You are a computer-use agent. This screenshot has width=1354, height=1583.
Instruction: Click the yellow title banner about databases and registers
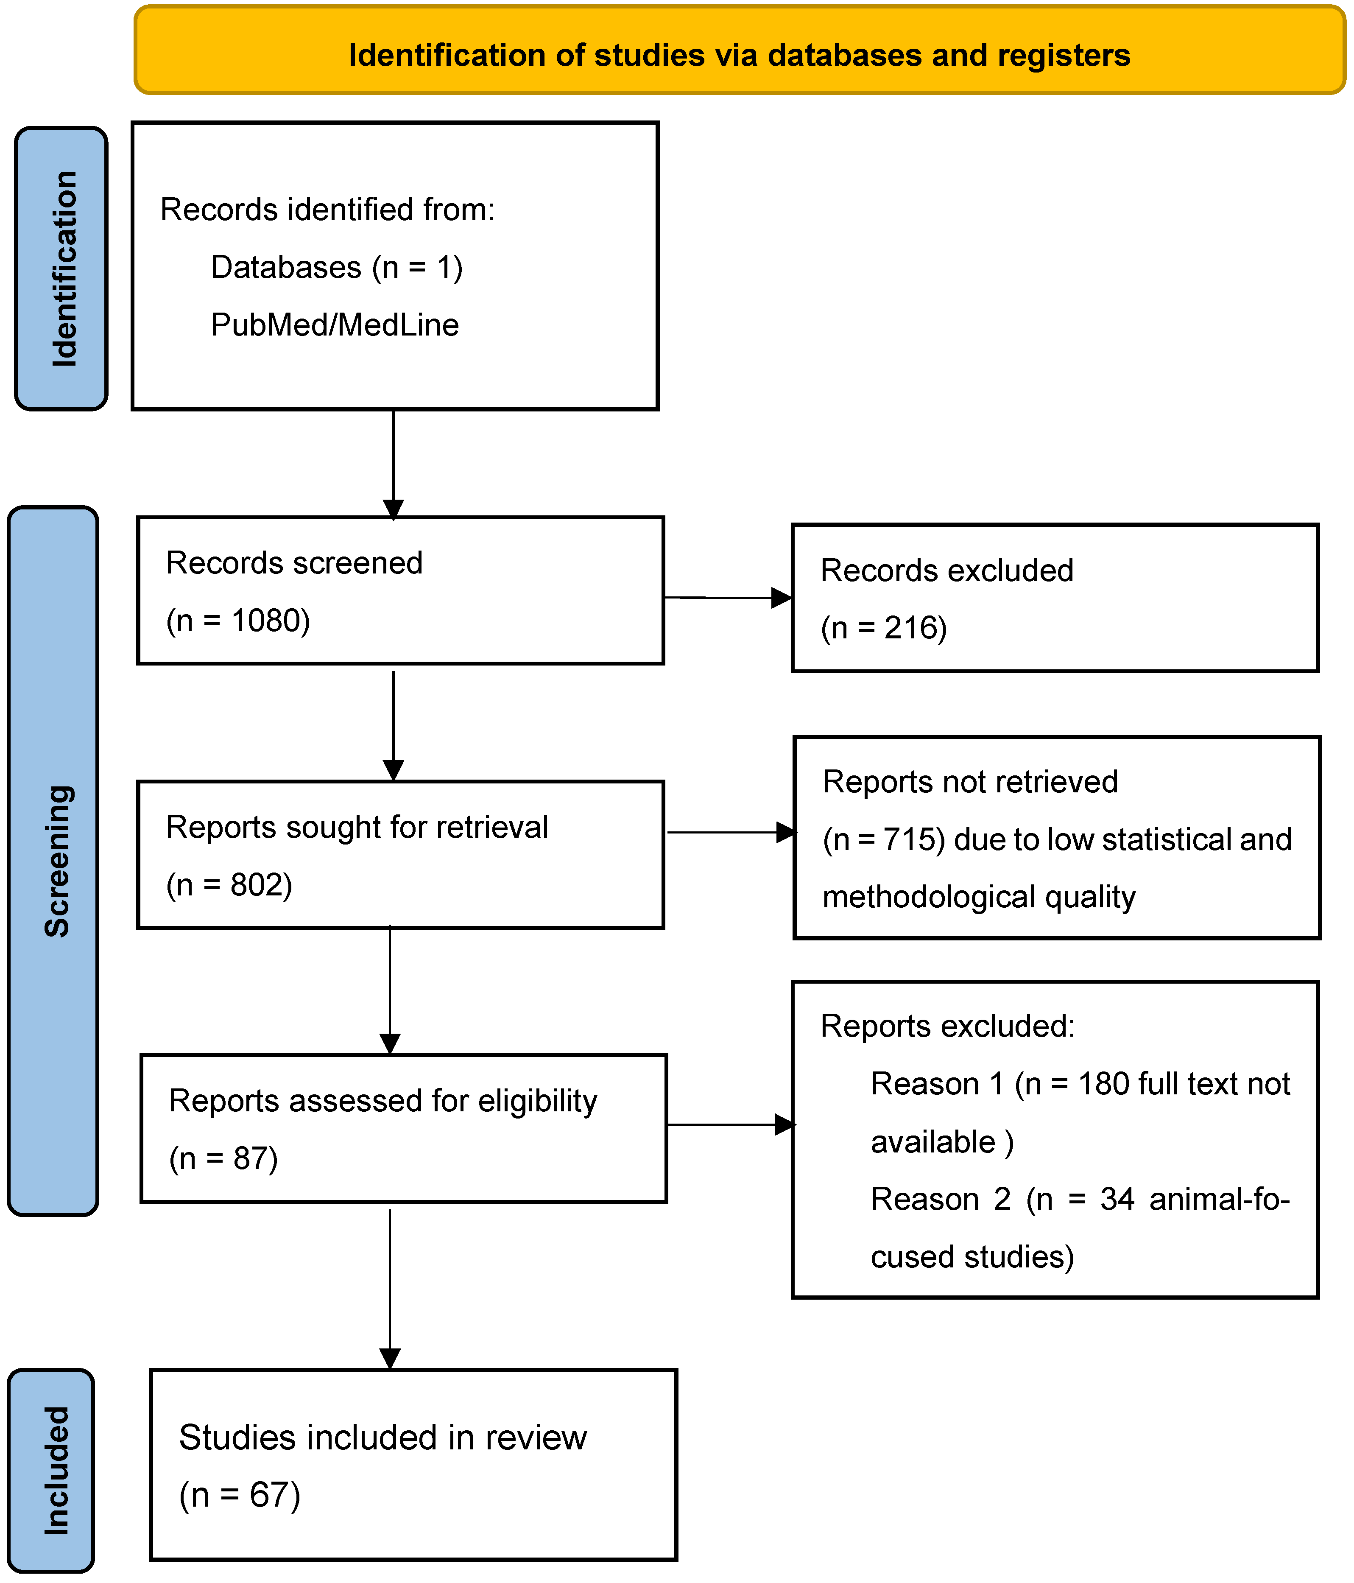tap(739, 50)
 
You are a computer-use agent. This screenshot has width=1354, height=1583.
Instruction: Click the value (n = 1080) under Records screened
tap(238, 621)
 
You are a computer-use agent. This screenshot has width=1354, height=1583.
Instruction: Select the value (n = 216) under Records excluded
tap(884, 629)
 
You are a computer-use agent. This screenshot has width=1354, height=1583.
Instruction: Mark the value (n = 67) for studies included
tap(240, 1495)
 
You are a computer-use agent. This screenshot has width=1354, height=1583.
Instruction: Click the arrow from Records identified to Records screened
tap(393, 462)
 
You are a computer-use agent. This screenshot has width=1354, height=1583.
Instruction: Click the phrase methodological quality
tap(978, 898)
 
